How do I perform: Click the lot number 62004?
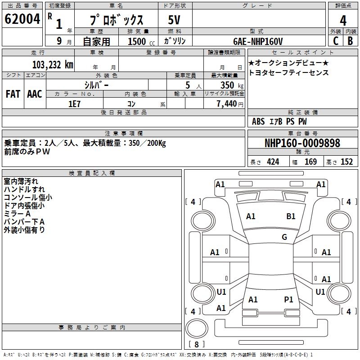[21, 19]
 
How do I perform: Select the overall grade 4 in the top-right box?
[343, 20]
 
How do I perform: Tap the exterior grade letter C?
[335, 40]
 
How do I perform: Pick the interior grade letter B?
[351, 40]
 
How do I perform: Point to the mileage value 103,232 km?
[52, 64]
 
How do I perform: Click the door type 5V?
[175, 20]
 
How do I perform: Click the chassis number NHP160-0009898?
[302, 143]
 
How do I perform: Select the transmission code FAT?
[13, 94]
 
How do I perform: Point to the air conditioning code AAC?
[35, 94]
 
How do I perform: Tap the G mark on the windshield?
[284, 237]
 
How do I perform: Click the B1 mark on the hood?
[291, 216]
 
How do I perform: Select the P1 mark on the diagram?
[288, 299]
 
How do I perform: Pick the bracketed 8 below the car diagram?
[196, 344]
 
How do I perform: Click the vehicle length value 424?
[273, 162]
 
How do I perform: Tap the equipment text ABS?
[258, 121]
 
